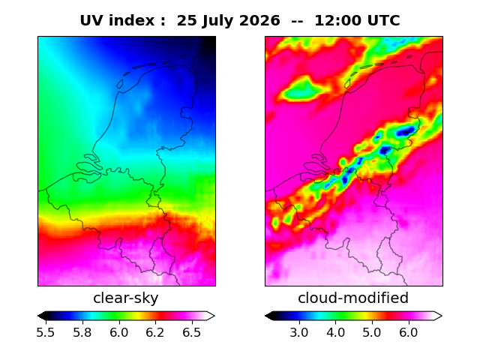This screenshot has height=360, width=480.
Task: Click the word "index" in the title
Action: (132, 21)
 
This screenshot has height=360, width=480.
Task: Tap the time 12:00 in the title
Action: (338, 21)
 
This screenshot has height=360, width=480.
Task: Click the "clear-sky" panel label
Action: (126, 298)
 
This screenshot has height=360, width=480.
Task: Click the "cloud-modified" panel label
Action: (353, 298)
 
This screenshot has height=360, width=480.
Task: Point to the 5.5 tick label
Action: (46, 332)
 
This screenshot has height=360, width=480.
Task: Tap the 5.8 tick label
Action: (82, 332)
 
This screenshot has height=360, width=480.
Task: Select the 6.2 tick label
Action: (155, 332)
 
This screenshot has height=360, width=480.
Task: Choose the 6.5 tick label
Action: (192, 332)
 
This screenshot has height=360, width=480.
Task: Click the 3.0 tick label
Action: (299, 332)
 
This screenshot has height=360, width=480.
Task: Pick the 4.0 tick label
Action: (335, 332)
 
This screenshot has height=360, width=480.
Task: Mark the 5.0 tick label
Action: (372, 332)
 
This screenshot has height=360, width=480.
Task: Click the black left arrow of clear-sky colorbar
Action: (42, 316)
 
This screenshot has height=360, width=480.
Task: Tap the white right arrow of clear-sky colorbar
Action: (211, 316)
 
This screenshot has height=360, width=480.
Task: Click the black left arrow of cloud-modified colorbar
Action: (269, 316)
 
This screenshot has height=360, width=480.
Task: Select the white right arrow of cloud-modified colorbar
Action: (438, 316)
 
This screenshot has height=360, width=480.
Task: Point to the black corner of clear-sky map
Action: (210, 42)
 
